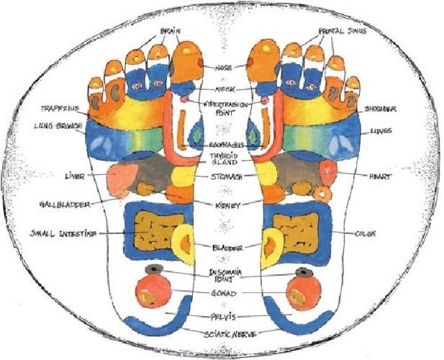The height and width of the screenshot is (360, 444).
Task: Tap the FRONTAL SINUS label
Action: pyautogui.click(x=342, y=32)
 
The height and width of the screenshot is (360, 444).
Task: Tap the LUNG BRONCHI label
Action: pyautogui.click(x=58, y=126)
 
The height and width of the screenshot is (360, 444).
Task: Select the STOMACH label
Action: pyautogui.click(x=225, y=176)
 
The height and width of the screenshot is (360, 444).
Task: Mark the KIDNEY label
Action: pyautogui.click(x=223, y=205)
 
